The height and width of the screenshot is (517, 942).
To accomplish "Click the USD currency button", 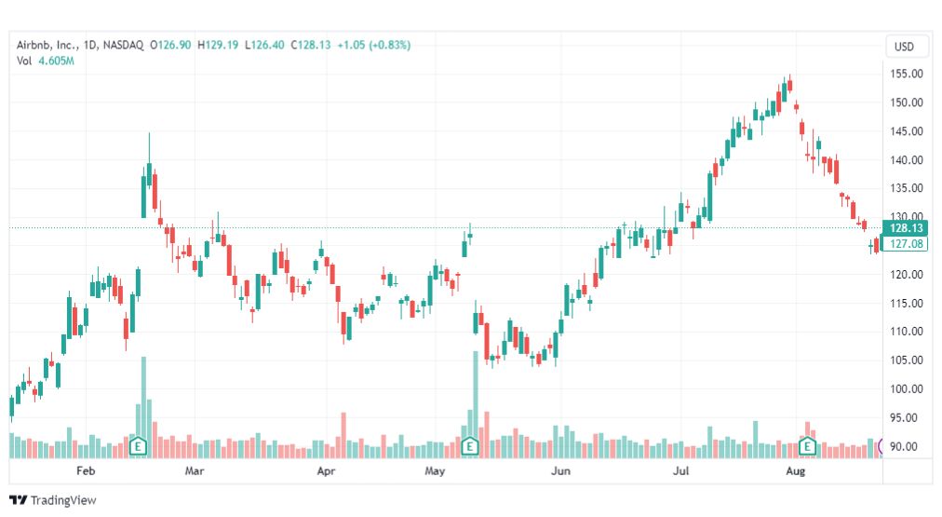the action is (x=904, y=47).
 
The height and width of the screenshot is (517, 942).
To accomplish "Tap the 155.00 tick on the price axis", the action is (x=907, y=74).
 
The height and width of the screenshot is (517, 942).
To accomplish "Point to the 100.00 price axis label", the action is (x=907, y=389).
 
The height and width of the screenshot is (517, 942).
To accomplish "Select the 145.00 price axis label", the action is (x=907, y=131).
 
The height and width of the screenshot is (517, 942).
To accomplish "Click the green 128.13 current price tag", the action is (x=906, y=228).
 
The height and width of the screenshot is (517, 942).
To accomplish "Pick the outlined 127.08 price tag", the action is (x=906, y=243).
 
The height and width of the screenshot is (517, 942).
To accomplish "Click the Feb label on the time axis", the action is (x=86, y=470).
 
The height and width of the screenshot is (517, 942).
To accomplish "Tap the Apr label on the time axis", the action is (x=326, y=470).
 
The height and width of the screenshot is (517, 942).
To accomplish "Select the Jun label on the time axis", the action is (x=560, y=470).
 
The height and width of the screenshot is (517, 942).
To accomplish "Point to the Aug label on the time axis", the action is (x=796, y=470).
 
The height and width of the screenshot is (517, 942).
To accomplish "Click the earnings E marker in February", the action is (x=138, y=446).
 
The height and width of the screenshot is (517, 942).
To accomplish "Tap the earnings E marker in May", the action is (x=469, y=446).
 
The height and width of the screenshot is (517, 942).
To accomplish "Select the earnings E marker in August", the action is (x=807, y=446).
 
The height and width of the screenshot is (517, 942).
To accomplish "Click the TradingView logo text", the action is (x=63, y=500).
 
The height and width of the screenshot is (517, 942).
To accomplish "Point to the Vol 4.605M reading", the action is (x=46, y=61).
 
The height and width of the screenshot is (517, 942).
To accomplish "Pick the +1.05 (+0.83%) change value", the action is (x=373, y=45).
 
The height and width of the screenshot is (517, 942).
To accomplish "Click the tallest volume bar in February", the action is (x=143, y=407).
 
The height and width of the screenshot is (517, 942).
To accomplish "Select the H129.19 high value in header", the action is (x=218, y=45).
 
